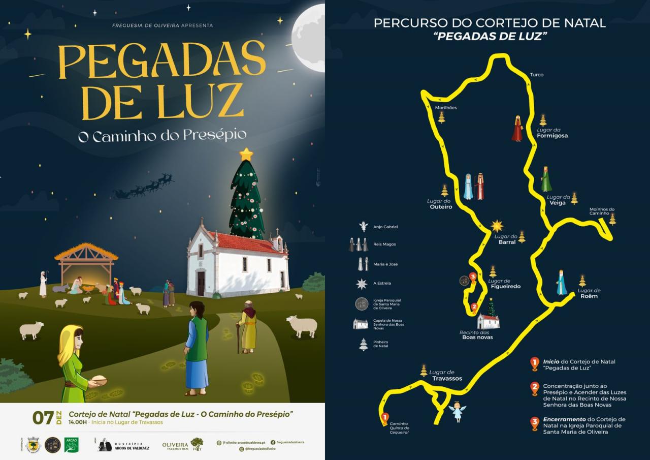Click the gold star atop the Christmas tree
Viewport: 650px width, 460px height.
[246, 154]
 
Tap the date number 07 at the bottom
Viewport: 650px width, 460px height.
[43, 417]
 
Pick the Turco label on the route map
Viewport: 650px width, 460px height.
[536, 75]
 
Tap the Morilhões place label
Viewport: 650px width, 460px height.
[446, 108]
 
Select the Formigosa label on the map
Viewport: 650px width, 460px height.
[552, 136]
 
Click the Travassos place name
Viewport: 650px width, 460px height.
[447, 378]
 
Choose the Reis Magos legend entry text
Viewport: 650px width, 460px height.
[385, 244]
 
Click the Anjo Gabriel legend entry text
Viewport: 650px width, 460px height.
[385, 227]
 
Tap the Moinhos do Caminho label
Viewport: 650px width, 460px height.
[602, 211]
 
